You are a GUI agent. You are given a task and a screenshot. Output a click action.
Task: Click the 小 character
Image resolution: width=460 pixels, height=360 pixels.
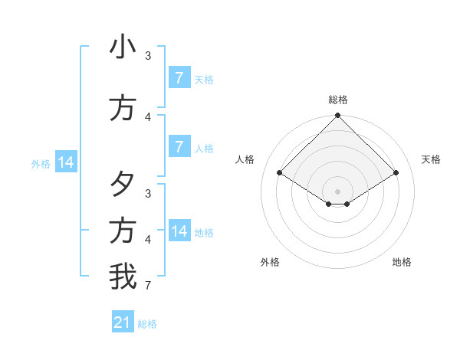(123, 47)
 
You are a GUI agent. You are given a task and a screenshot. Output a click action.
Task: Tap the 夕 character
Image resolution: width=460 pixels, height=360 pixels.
(123, 184)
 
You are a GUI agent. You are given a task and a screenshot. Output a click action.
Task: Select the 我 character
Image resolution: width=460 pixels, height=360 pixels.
(123, 277)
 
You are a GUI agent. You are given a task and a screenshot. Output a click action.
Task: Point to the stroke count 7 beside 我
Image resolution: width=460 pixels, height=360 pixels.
(148, 286)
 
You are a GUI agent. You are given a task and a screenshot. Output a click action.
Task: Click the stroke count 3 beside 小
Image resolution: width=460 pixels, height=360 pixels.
(148, 56)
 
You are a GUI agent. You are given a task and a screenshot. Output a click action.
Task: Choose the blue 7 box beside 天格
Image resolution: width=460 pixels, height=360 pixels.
(179, 78)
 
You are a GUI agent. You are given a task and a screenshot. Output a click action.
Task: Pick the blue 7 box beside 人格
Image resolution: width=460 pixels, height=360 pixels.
(179, 147)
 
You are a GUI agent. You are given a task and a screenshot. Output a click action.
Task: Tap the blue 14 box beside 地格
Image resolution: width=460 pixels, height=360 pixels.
(179, 231)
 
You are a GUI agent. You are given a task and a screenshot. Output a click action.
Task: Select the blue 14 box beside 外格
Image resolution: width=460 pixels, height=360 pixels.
(66, 162)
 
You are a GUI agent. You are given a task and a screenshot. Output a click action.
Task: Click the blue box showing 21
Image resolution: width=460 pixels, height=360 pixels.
(123, 322)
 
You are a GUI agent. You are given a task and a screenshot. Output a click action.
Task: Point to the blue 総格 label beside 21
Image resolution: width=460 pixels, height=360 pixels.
(147, 324)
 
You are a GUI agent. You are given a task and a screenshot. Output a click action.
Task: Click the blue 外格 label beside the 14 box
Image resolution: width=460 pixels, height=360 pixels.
(41, 163)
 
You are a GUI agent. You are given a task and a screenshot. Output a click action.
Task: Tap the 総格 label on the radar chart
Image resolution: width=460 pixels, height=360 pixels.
(338, 100)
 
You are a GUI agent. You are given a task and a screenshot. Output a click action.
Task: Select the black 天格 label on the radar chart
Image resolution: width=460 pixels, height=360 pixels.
(432, 159)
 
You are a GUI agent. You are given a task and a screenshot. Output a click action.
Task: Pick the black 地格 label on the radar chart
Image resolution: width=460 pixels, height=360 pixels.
(402, 262)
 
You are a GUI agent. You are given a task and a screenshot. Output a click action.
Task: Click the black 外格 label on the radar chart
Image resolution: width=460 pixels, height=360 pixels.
(270, 262)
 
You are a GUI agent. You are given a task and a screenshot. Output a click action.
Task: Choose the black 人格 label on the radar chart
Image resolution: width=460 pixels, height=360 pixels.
(245, 159)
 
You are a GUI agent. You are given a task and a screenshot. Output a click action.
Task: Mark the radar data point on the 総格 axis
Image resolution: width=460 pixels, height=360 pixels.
(338, 116)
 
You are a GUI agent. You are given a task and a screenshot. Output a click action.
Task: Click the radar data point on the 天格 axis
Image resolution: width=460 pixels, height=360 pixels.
(396, 173)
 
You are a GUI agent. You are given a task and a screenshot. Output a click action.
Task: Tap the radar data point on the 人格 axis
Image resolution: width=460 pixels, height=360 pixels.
(280, 173)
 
